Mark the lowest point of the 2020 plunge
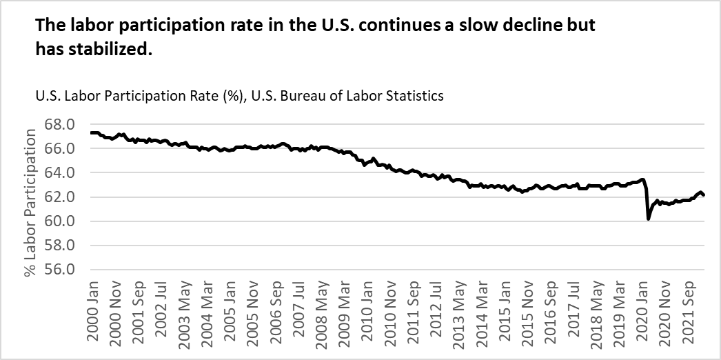(649, 219)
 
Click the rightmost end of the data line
(704, 195)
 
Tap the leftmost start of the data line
(90, 132)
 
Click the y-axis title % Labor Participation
(31, 202)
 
